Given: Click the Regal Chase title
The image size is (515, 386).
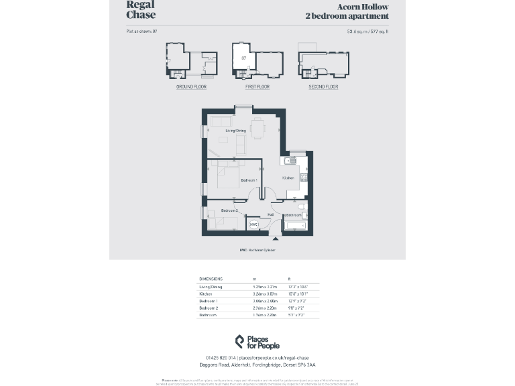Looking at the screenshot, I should click(x=140, y=9).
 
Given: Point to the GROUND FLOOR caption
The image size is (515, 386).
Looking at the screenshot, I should click(x=191, y=87).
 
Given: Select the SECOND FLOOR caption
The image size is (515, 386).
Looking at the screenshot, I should click(x=323, y=87).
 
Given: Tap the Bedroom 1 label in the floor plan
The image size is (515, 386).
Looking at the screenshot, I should click(x=249, y=180).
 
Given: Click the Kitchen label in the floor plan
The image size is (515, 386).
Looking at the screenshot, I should click(x=288, y=178).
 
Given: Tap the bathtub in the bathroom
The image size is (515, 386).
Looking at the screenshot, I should click(x=295, y=226).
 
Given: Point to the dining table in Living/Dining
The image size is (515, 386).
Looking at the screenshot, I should click(x=257, y=127).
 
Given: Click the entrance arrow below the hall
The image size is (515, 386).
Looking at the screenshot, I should click(x=275, y=239).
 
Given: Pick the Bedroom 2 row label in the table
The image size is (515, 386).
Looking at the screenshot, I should click(x=209, y=308).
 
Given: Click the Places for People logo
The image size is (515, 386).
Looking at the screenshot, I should click(x=257, y=342).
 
